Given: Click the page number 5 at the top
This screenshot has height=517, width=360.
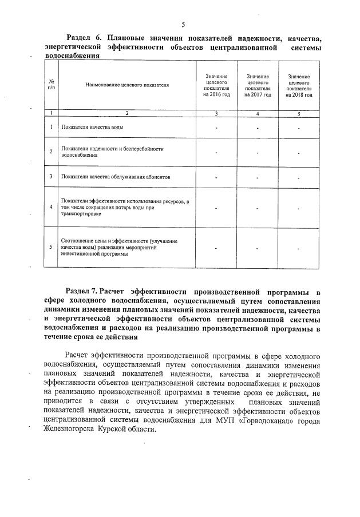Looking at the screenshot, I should click(183, 24).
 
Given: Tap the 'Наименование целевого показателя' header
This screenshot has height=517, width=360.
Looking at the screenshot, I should click(127, 85).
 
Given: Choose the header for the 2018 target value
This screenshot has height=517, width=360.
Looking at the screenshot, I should click(299, 86).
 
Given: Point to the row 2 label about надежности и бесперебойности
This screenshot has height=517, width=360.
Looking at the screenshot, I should click(112, 152).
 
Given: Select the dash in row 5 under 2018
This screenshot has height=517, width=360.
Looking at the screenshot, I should click(299, 248).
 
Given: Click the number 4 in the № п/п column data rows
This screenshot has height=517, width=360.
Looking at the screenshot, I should click(52, 208).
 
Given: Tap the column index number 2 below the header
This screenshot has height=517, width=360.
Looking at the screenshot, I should click(127, 114).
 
